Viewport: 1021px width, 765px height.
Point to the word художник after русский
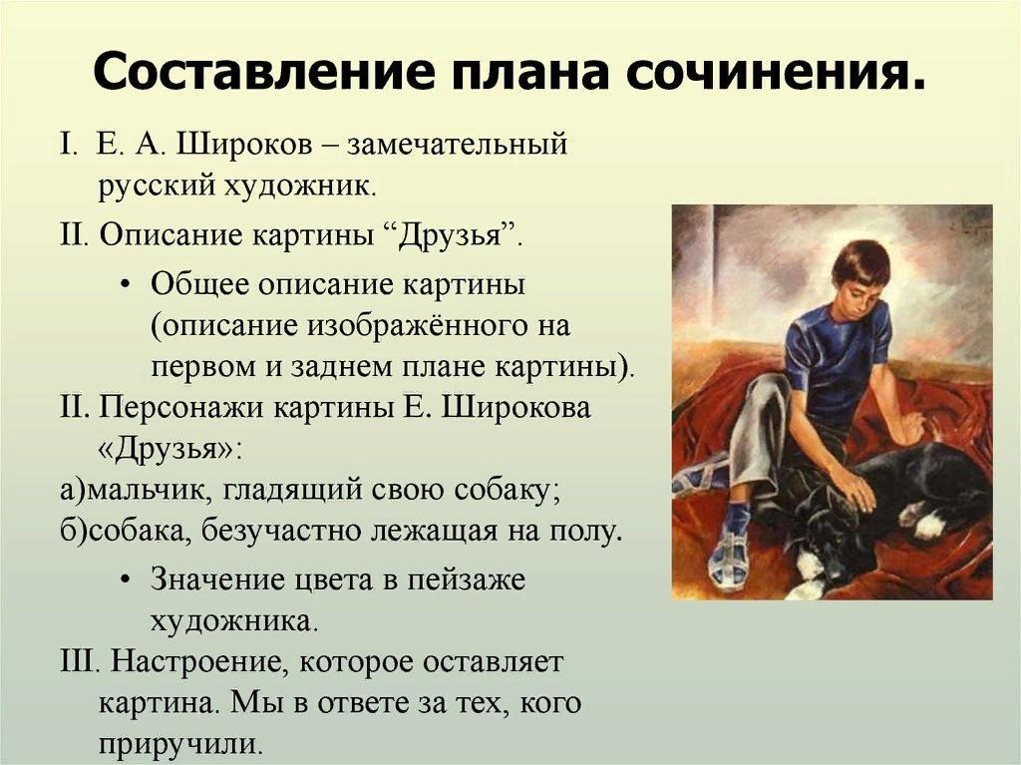point(300,188)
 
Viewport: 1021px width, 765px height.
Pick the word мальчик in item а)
point(148,491)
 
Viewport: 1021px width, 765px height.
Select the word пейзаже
point(467,580)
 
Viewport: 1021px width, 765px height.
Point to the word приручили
point(179,745)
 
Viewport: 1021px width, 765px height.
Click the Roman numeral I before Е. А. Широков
point(65,145)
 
